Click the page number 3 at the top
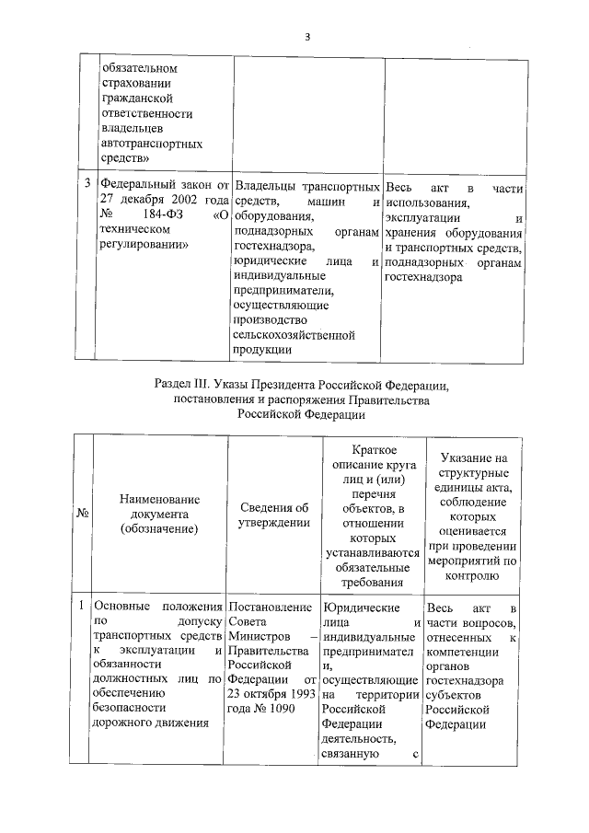click(307, 37)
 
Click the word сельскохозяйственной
click(294, 335)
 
